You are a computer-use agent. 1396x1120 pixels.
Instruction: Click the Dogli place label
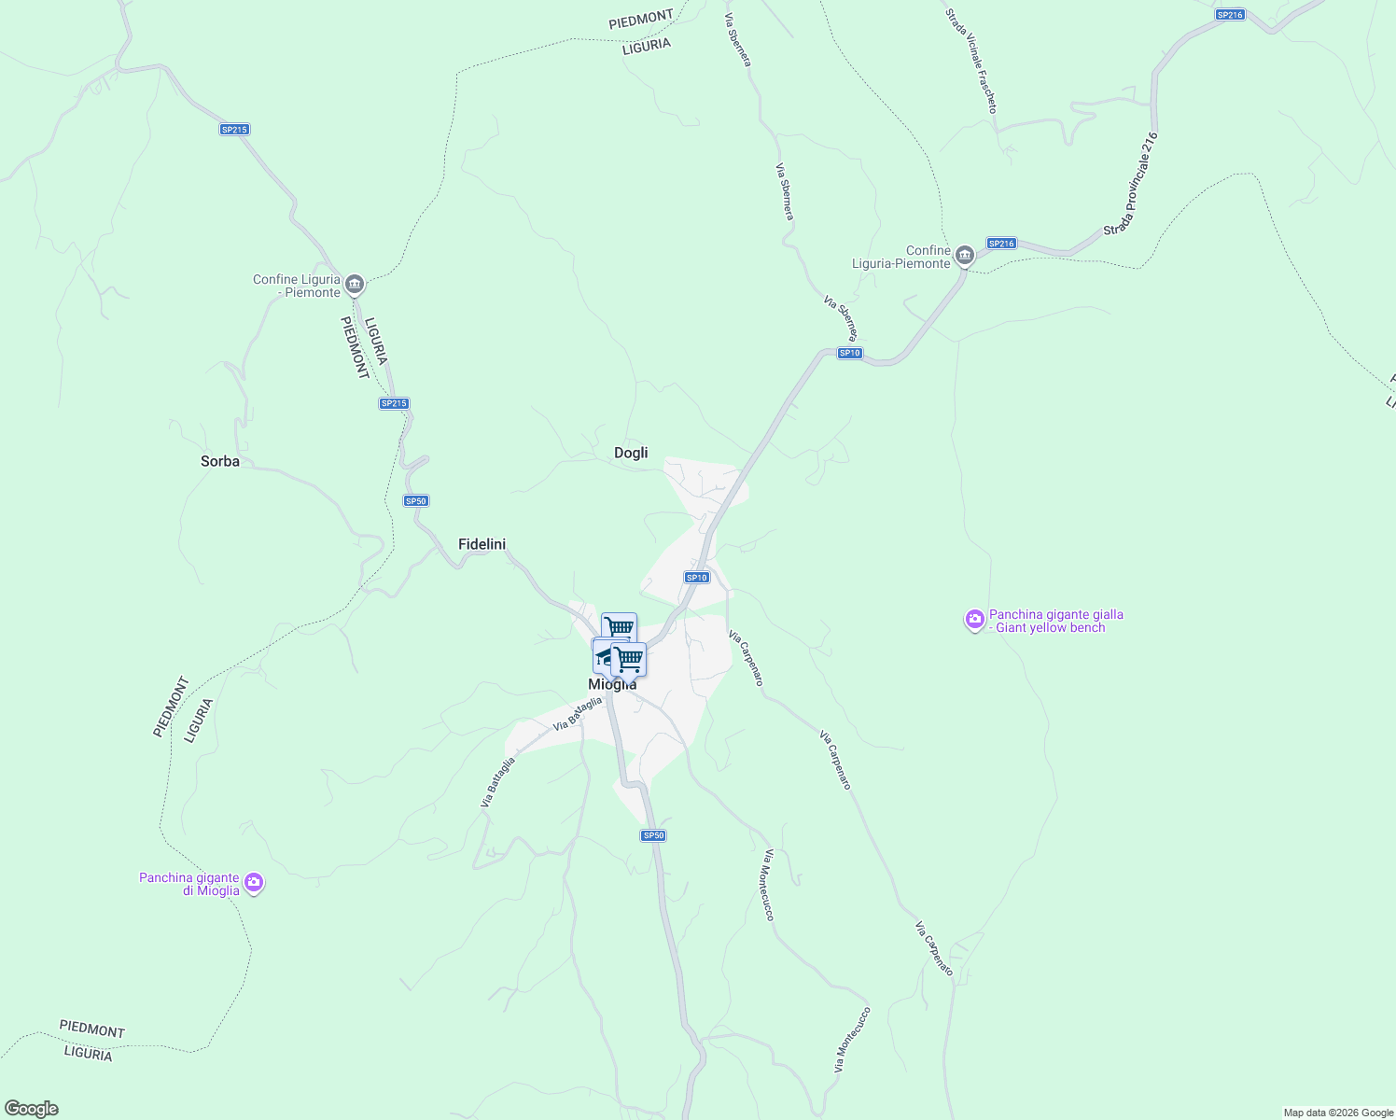(x=631, y=453)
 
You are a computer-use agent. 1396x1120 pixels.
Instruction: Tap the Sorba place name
(x=220, y=461)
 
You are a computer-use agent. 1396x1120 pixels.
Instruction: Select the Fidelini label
(x=482, y=544)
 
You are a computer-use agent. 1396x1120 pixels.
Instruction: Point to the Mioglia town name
(x=612, y=685)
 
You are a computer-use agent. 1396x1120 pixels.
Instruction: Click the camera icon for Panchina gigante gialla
(x=975, y=620)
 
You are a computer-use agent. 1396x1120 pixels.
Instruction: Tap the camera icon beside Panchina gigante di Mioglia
(x=254, y=883)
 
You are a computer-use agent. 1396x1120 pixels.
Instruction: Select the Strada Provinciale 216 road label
(x=1131, y=184)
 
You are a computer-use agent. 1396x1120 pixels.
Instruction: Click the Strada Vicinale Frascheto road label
(x=971, y=62)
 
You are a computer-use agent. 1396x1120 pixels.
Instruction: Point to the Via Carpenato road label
(x=934, y=949)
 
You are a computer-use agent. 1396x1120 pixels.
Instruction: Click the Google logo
(x=31, y=1109)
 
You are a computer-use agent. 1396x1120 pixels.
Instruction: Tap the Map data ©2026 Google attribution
(x=1337, y=1113)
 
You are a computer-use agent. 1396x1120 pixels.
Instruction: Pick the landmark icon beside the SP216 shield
(x=965, y=254)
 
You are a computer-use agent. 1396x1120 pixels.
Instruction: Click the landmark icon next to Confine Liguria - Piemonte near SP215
(x=354, y=284)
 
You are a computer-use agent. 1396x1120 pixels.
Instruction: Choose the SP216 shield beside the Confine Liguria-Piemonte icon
(x=1001, y=244)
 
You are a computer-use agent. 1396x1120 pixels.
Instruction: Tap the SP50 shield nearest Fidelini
(x=416, y=501)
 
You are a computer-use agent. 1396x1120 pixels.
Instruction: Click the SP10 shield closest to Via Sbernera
(x=849, y=353)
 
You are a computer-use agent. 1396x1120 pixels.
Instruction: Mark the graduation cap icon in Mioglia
(x=604, y=655)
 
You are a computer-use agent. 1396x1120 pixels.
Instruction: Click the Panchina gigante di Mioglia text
(x=189, y=884)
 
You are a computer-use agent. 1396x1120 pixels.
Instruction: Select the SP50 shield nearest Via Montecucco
(x=653, y=835)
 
